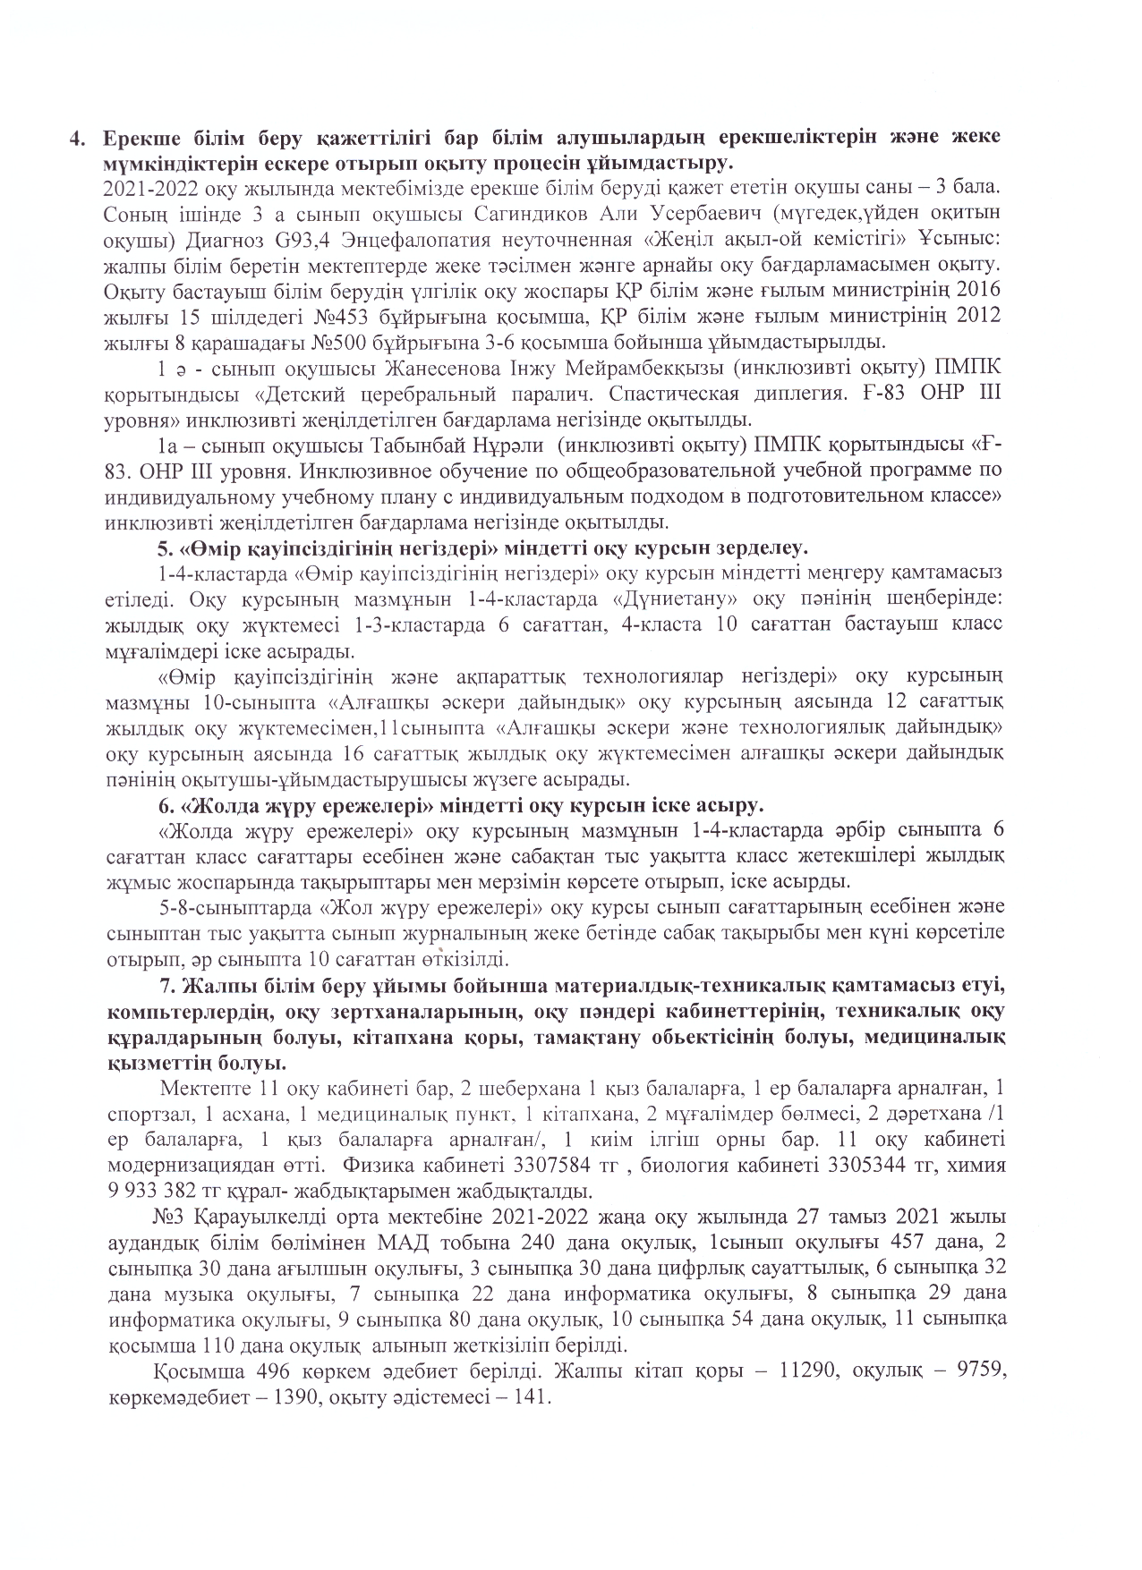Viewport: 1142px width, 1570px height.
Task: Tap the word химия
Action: coord(975,1166)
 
